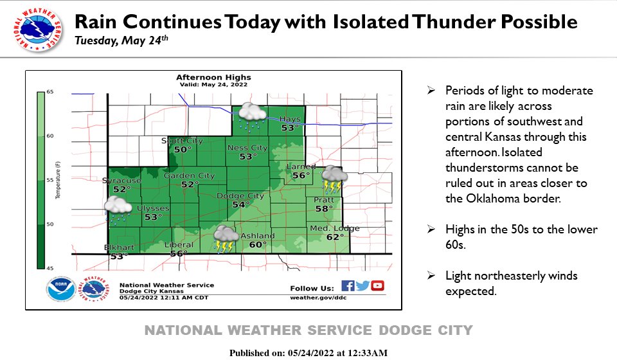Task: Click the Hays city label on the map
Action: pos(291,119)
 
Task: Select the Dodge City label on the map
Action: pos(241,195)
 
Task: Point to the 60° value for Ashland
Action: pos(258,244)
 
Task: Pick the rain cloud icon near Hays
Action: pos(252,114)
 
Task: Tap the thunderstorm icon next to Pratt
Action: pos(334,179)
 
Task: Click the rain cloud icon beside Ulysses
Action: pos(118,210)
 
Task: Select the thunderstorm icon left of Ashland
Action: pos(226,239)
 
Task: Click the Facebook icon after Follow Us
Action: pos(348,287)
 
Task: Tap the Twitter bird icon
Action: pos(362,287)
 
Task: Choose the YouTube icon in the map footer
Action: pos(377,287)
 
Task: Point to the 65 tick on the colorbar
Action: pos(50,93)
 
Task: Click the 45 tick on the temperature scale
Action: pos(50,267)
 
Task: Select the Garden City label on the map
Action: pos(189,175)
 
